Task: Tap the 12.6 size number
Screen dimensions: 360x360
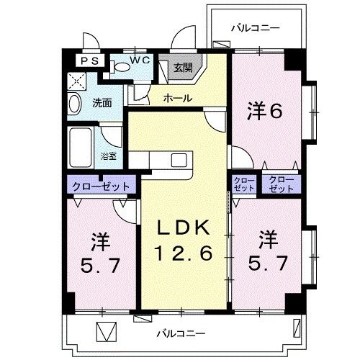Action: (x=184, y=253)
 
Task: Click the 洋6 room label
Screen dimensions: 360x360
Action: (x=264, y=111)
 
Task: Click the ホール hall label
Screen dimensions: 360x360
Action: (x=176, y=96)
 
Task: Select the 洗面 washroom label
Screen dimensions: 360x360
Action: (x=102, y=103)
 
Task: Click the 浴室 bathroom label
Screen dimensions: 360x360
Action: (x=109, y=155)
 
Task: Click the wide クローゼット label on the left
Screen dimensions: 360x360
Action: (x=100, y=186)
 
